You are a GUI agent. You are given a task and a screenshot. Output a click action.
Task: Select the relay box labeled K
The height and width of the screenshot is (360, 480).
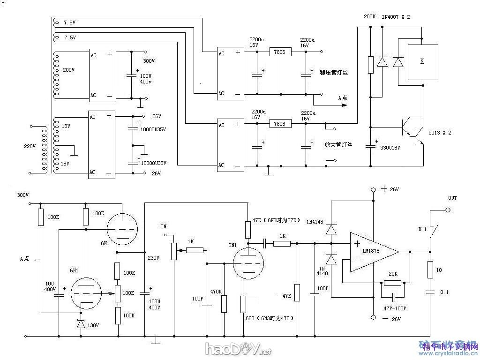pyautogui.click(x=422, y=62)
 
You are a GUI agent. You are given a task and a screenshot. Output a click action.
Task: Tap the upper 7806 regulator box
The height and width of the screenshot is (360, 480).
pyautogui.click(x=280, y=52)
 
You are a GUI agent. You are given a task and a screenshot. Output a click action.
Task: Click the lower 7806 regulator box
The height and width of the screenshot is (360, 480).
pyautogui.click(x=280, y=124)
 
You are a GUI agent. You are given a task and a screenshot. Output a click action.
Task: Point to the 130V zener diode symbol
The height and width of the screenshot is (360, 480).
pyautogui.click(x=81, y=323)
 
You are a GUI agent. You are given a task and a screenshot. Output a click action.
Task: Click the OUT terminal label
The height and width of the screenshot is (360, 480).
pyautogui.click(x=452, y=198)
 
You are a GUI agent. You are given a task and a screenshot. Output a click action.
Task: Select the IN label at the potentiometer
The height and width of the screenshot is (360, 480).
pyautogui.click(x=164, y=226)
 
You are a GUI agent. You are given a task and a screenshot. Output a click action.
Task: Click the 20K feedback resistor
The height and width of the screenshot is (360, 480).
pyautogui.click(x=393, y=283)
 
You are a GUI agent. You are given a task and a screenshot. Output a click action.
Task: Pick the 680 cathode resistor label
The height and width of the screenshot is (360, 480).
pyautogui.click(x=250, y=318)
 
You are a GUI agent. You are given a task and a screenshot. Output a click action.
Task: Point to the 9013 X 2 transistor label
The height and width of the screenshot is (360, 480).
pyautogui.click(x=440, y=133)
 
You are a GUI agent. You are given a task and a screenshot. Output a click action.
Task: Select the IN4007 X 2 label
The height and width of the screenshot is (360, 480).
pyautogui.click(x=396, y=16)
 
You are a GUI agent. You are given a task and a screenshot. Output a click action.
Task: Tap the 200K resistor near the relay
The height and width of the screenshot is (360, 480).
pyautogui.click(x=370, y=65)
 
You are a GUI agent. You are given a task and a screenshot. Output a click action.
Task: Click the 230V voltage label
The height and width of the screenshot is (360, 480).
pyautogui.click(x=154, y=258)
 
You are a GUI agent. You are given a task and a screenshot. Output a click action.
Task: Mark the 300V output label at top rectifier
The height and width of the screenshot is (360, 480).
pyautogui.click(x=149, y=61)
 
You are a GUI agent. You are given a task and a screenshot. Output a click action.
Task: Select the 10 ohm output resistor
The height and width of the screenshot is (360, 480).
pyautogui.click(x=429, y=270)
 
